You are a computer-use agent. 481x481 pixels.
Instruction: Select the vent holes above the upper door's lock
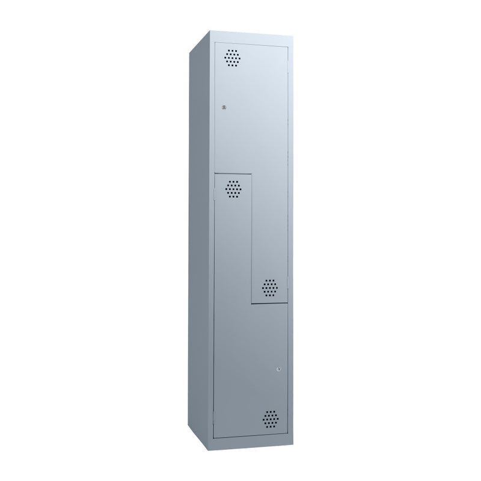[231, 58]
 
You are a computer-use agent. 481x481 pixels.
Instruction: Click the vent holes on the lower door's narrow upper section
[232, 189]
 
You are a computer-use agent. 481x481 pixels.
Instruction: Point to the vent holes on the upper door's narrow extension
[271, 287]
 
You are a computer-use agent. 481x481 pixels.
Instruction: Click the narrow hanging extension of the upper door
[271, 240]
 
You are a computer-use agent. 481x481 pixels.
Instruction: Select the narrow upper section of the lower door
[233, 240]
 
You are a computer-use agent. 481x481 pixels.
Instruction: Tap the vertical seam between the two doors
[251, 240]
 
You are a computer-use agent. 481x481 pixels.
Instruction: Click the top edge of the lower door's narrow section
[233, 175]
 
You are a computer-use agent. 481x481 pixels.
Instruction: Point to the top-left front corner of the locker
[215, 41]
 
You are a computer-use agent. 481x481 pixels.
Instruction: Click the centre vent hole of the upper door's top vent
[231, 58]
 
